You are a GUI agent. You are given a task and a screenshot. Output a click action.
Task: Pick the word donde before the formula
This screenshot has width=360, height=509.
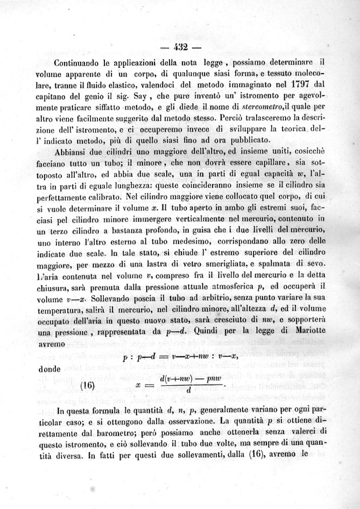click(x=51, y=369)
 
